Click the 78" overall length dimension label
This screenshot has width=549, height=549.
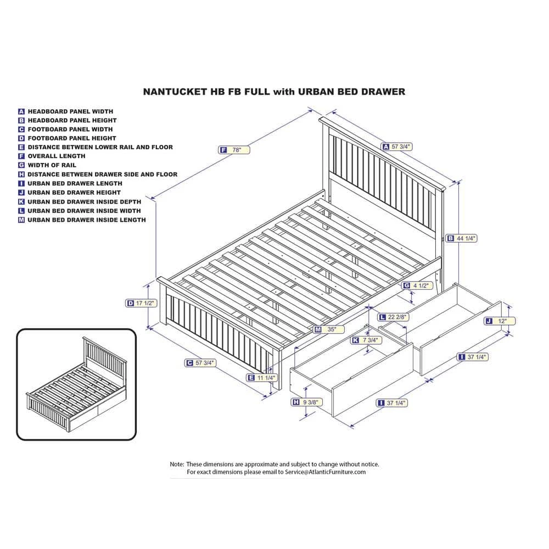234,150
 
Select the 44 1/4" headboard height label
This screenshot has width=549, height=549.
461,238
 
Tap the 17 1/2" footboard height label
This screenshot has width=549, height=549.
142,303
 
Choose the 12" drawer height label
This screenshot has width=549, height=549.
492,321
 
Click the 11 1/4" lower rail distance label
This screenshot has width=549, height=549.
262,377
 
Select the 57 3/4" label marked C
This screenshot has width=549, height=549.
200,363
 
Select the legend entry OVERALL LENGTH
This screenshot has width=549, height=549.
57,156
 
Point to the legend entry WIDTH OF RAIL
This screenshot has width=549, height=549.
52,165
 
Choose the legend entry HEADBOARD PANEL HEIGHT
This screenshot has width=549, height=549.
72,120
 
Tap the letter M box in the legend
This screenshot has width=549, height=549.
21,220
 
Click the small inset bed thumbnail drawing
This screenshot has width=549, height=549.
76,384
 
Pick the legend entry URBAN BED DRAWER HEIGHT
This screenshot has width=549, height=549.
74,193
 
